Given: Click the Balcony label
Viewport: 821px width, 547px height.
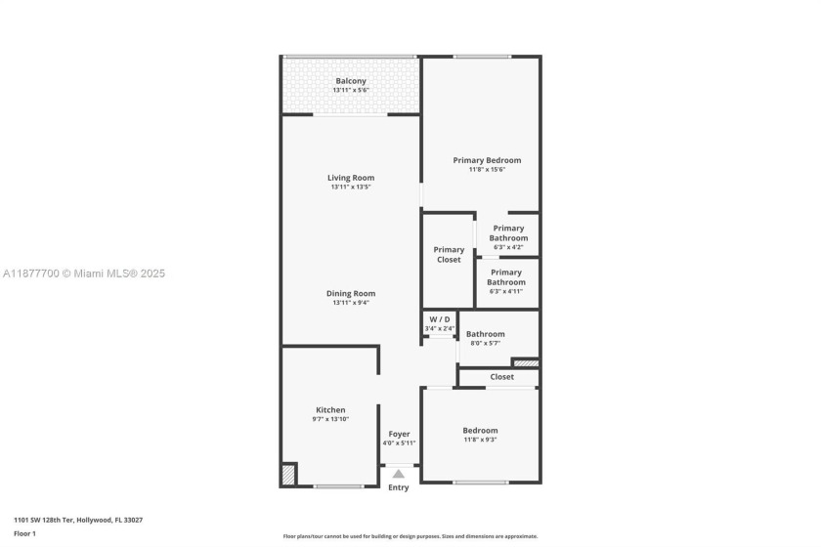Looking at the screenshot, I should [x=351, y=80].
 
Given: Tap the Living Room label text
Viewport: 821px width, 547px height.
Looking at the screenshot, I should [x=351, y=178].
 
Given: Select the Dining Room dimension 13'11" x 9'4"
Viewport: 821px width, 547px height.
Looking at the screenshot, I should [x=351, y=303].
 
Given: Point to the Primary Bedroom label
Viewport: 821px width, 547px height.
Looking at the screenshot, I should [x=487, y=160].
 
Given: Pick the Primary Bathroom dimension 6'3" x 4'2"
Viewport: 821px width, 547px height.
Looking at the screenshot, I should [x=508, y=247].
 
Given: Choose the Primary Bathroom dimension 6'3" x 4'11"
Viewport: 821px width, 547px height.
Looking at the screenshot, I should [x=506, y=291].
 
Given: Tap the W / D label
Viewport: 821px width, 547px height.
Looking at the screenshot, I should [x=440, y=319].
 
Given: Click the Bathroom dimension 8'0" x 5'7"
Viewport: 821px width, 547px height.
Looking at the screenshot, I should [x=485, y=343].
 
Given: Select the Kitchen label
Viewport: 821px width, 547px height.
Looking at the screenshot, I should [x=330, y=409].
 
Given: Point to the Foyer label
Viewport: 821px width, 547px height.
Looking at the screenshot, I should [x=399, y=434].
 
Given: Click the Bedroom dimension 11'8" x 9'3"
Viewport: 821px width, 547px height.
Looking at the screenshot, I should [x=480, y=440].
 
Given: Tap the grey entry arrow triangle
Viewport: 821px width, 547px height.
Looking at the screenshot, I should [x=399, y=474].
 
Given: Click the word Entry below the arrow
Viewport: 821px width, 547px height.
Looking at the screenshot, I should [x=399, y=487].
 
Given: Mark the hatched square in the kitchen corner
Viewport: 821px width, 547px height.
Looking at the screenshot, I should [x=288, y=475].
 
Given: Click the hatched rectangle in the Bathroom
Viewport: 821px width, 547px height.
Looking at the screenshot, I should [x=526, y=363].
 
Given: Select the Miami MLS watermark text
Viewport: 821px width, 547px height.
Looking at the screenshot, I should [x=83, y=273].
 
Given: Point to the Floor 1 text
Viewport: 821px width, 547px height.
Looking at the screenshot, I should [x=24, y=533].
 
